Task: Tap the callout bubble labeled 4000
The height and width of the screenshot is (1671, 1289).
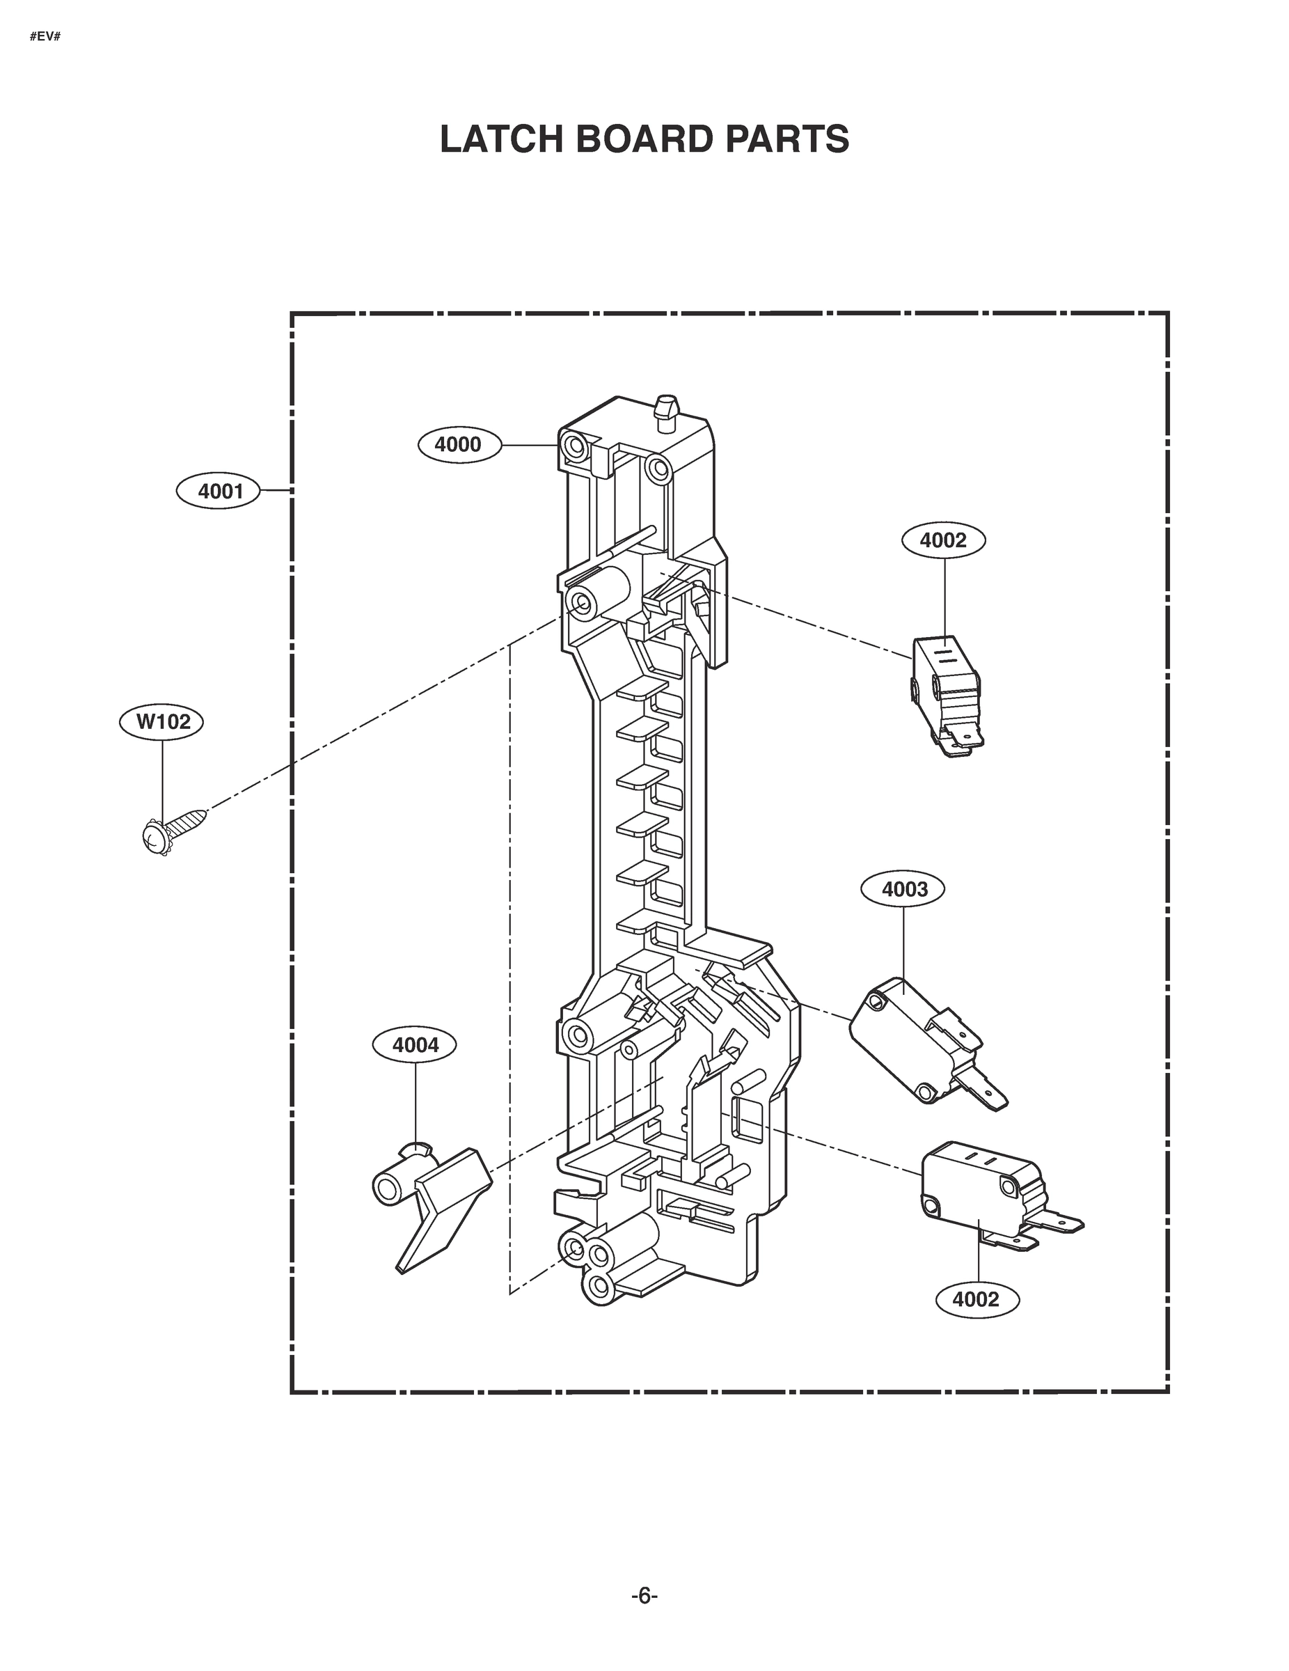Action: [459, 444]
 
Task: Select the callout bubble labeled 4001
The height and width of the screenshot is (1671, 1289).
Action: [219, 491]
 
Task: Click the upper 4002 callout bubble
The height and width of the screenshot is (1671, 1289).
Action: [942, 540]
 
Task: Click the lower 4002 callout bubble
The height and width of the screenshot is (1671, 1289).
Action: [975, 1299]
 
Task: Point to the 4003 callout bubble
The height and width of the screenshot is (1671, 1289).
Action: [903, 889]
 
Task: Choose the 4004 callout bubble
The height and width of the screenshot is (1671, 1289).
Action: [415, 1045]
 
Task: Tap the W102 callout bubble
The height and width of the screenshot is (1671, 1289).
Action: [162, 721]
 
